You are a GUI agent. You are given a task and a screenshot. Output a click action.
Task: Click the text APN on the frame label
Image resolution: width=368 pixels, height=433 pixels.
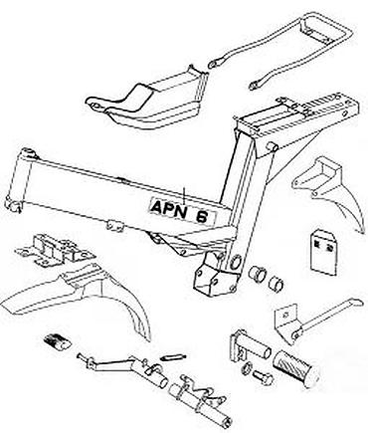(x=168, y=208)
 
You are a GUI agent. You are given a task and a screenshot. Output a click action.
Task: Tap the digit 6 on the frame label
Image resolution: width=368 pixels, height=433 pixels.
(x=202, y=217)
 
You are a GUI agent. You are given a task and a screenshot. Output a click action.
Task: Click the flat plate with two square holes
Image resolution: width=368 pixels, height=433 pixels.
(x=324, y=253)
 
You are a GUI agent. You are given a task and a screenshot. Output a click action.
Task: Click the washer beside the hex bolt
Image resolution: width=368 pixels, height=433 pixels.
(x=247, y=368)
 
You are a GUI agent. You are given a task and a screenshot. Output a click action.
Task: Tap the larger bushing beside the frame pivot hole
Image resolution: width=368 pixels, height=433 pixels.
(x=258, y=273)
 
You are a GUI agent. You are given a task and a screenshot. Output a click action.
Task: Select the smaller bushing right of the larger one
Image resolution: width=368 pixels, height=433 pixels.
(x=276, y=282)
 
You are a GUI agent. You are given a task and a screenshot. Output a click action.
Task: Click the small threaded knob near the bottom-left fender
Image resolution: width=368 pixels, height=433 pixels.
(x=57, y=341)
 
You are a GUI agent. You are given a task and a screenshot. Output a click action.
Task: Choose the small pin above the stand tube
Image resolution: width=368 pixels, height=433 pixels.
(x=173, y=357)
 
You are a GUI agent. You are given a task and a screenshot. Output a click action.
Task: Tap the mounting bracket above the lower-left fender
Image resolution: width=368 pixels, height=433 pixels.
(x=55, y=250)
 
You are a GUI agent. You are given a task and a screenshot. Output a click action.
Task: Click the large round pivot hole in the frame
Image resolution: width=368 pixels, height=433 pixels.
(x=235, y=262)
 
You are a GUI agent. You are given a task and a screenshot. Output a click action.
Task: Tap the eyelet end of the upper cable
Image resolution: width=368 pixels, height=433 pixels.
(x=212, y=64)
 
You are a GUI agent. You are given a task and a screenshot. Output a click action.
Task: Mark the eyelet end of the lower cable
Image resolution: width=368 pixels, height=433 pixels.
(x=254, y=86)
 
